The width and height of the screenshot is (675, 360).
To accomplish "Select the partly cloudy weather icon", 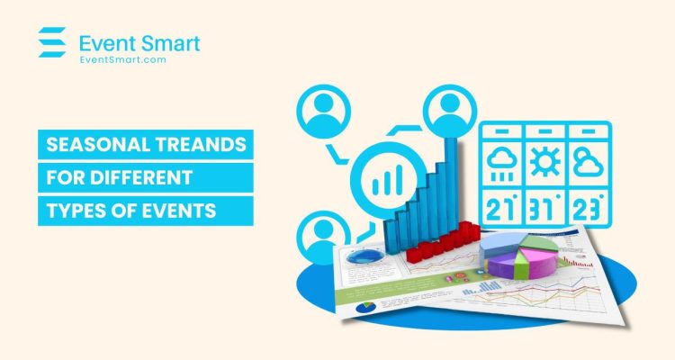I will tap(589, 164).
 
